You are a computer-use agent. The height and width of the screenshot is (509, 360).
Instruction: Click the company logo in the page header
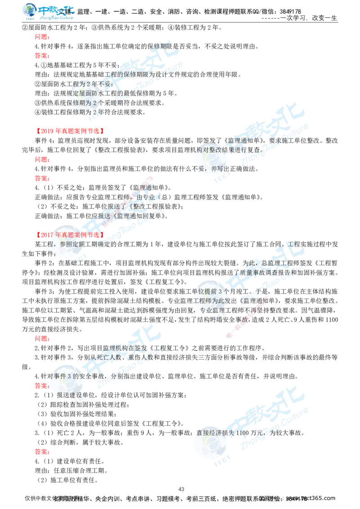point(48,11)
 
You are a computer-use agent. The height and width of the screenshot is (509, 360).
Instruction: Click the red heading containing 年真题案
point(70,235)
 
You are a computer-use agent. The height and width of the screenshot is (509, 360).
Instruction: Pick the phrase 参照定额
point(72,244)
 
